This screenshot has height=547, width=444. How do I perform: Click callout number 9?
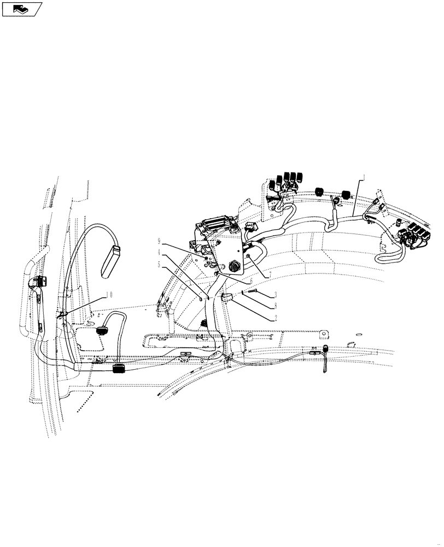pyautogui.click(x=160, y=241)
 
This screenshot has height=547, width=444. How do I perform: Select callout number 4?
pyautogui.click(x=160, y=252)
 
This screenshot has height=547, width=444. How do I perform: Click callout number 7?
pyautogui.click(x=266, y=273)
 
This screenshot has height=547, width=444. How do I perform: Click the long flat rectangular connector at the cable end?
pyautogui.click(x=111, y=261)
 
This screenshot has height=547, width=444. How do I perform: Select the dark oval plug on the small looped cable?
pyautogui.click(x=101, y=330)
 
